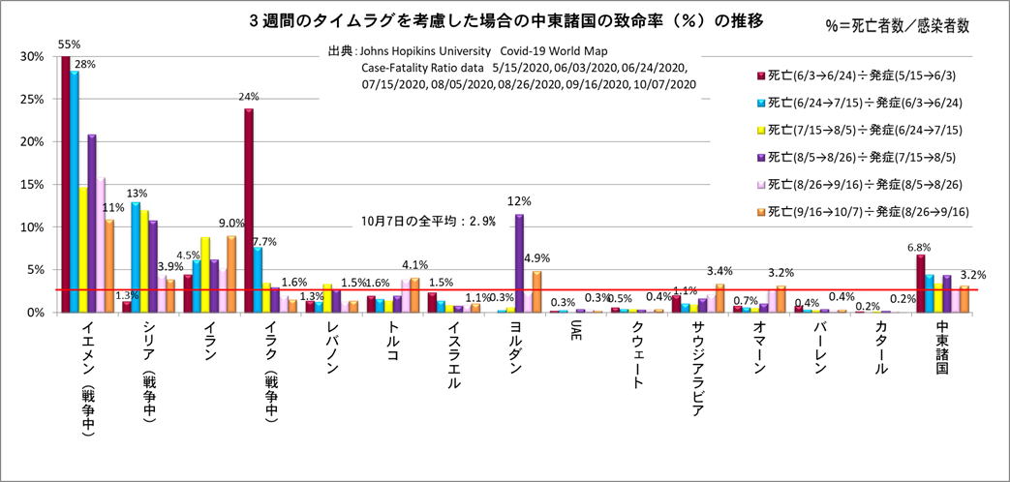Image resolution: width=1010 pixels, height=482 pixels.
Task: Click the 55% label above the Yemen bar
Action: (70, 45)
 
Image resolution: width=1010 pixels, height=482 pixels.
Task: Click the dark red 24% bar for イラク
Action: (249, 211)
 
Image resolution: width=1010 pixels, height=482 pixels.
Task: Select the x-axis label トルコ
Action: (391, 343)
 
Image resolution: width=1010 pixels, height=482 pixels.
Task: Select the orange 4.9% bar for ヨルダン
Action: (536, 291)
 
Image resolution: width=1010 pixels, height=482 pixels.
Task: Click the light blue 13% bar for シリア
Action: (136, 257)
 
